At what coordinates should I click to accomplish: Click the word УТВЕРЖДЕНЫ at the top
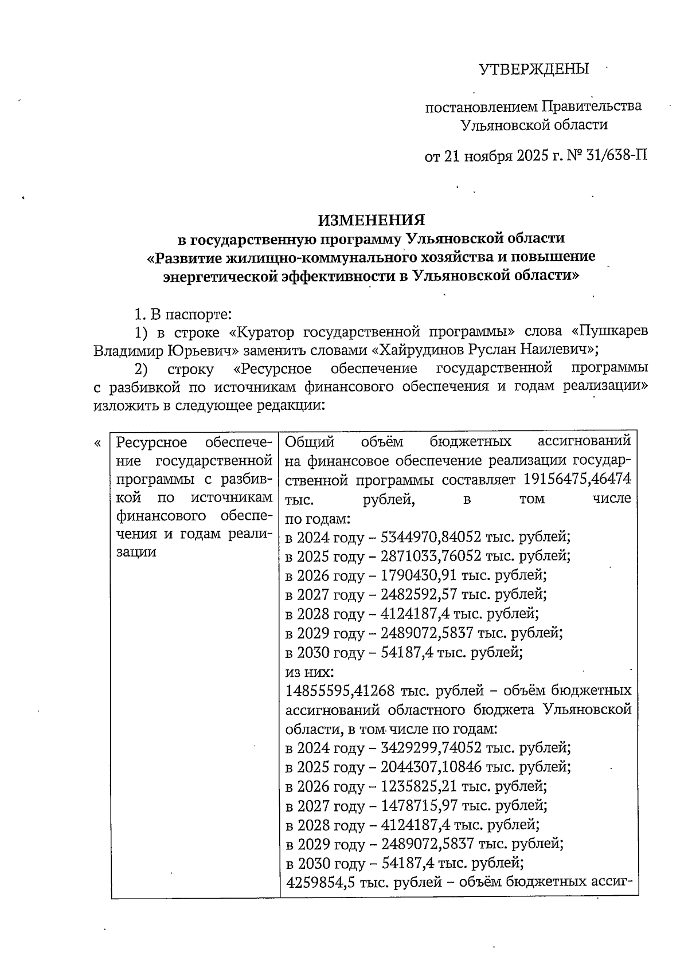(534, 69)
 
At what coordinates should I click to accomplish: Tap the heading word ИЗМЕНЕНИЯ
(372, 220)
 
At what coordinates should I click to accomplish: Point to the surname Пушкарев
(613, 331)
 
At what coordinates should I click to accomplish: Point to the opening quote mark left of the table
(98, 443)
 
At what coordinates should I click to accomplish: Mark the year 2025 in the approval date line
(531, 155)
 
